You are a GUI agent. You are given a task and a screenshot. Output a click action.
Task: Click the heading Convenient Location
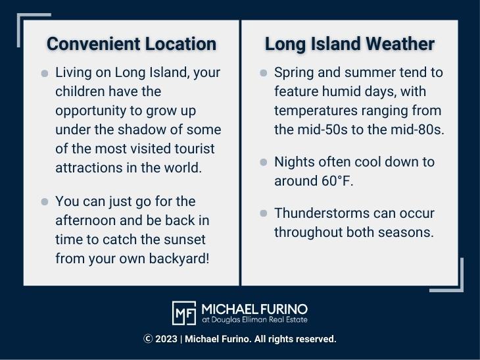pyautogui.click(x=132, y=44)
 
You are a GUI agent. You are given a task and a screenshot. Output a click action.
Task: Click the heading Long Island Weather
pyautogui.click(x=349, y=44)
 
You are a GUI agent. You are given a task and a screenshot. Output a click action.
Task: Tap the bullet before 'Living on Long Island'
pyautogui.click(x=45, y=73)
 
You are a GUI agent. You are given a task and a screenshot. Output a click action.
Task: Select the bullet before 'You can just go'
pyautogui.click(x=45, y=201)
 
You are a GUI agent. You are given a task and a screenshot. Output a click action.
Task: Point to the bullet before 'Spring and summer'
pyautogui.click(x=264, y=73)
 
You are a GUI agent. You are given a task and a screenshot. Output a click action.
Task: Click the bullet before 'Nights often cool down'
pyautogui.click(x=264, y=162)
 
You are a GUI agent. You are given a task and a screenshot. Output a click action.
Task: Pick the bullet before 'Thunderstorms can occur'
pyautogui.click(x=264, y=213)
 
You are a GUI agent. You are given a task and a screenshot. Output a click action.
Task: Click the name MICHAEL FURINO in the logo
pyautogui.click(x=254, y=309)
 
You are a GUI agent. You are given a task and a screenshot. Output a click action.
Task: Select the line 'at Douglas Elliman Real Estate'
pyautogui.click(x=254, y=320)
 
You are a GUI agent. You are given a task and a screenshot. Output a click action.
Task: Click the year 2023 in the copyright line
pyautogui.click(x=166, y=339)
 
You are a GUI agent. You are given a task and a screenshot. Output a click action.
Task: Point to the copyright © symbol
pyautogui.click(x=148, y=339)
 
